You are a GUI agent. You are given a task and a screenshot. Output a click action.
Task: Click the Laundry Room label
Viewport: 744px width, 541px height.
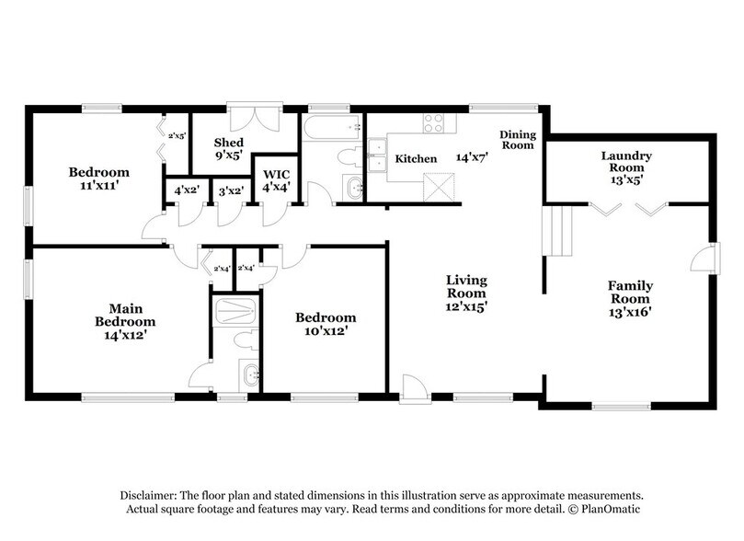point(626,156)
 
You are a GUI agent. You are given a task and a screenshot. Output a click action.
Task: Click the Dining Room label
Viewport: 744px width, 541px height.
point(517,140)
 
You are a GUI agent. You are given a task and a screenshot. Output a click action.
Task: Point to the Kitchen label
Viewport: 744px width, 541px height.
point(416,159)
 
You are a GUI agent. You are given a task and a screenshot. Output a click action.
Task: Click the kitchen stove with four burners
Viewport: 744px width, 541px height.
point(433,123)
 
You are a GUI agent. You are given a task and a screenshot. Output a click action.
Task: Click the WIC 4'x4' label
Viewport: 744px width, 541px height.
point(276,180)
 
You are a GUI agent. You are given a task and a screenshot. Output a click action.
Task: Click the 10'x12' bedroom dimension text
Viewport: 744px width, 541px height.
point(325,330)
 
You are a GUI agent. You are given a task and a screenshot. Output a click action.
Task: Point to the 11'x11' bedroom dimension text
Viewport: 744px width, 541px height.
point(98,185)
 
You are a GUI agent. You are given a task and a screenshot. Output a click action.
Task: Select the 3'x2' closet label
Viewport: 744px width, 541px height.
point(229,190)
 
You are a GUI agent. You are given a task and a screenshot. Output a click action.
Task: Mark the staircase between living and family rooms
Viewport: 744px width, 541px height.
point(555,231)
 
